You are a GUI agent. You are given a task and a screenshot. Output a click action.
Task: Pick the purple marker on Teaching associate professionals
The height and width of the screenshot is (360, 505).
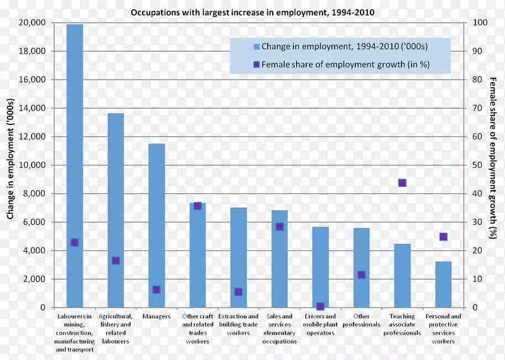click(x=402, y=183)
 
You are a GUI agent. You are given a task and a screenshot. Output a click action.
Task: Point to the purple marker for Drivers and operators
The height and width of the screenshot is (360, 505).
click(x=320, y=306)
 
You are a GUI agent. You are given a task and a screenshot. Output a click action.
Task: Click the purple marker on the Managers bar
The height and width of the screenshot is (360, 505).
click(x=157, y=290)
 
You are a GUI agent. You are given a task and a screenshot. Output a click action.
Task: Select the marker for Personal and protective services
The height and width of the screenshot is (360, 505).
click(x=443, y=237)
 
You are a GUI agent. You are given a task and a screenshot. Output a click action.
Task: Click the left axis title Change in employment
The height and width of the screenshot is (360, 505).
click(x=10, y=165)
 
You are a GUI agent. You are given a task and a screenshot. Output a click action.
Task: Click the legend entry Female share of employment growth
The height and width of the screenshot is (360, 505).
click(x=341, y=64)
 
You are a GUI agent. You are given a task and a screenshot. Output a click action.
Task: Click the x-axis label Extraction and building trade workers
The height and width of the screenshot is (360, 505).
click(x=239, y=324)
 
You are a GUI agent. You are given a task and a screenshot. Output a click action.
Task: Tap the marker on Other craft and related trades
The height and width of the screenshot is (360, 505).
click(x=198, y=206)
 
